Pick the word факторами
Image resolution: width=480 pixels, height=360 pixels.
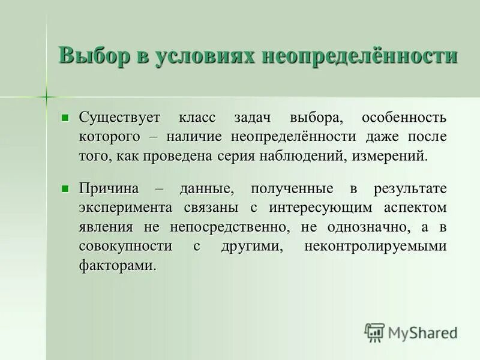click(117, 266)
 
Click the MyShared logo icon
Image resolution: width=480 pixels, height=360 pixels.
click(374, 332)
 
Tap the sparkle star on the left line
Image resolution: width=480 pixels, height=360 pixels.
click(46, 97)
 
